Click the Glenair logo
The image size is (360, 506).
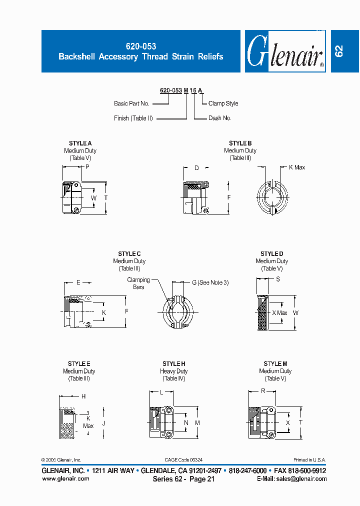point(285,52)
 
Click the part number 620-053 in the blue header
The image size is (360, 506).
point(141,46)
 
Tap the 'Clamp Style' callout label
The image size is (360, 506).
point(223,103)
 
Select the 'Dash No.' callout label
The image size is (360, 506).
point(219,118)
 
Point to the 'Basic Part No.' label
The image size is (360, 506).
point(131,103)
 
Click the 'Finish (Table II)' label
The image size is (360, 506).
point(133,118)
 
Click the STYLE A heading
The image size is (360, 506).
point(80,143)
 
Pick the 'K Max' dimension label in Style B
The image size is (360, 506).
point(296,167)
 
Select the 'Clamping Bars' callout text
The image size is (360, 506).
point(138,283)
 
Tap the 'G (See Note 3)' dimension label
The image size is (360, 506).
point(210,283)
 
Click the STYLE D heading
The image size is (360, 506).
point(271,254)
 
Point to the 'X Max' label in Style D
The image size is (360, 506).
point(279,313)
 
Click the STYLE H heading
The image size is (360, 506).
point(173,364)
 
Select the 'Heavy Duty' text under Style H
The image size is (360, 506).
point(173,371)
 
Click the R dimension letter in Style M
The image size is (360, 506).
point(263,392)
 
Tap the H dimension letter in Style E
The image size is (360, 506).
point(83,396)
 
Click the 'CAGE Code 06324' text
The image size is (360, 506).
point(183,460)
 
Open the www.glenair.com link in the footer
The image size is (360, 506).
point(65,478)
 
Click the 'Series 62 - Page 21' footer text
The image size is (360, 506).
point(183,479)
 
